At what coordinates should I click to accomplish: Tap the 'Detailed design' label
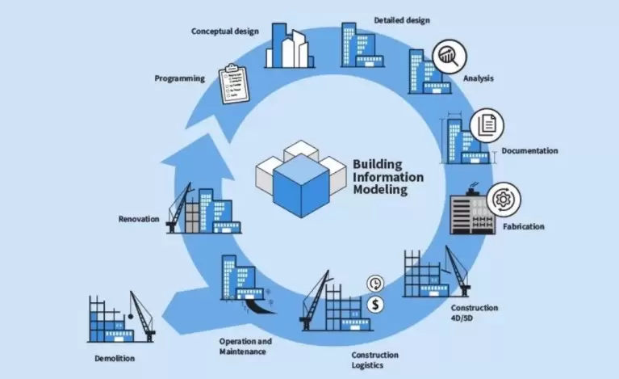click(x=402, y=19)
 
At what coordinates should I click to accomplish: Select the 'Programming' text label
click(x=180, y=78)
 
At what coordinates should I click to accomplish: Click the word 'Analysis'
click(x=478, y=78)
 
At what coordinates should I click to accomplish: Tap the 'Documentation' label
click(x=529, y=151)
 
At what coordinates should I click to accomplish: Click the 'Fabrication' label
click(x=523, y=227)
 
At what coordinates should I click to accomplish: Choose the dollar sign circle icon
click(x=374, y=305)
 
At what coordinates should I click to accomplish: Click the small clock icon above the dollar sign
click(x=374, y=283)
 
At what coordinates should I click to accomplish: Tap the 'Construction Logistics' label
click(x=374, y=360)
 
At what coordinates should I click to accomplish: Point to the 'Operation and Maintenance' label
click(x=245, y=346)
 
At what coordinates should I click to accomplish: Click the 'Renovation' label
click(x=139, y=219)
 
